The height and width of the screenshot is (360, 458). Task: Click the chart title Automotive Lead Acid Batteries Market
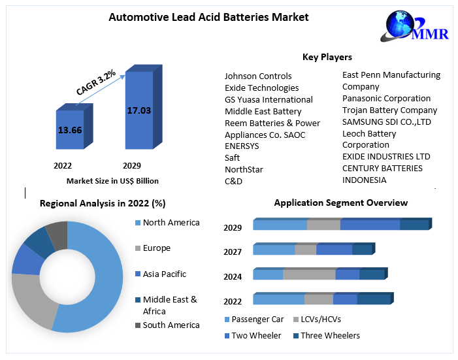208,17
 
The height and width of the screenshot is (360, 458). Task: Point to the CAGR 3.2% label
96,83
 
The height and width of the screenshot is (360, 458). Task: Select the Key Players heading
327,57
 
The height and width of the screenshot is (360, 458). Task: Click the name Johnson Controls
258,76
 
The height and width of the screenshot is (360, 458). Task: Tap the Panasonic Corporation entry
386,98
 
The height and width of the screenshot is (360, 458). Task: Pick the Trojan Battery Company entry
389,110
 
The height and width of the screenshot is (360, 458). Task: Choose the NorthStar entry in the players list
244,169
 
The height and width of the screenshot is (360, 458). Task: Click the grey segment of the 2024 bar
309,274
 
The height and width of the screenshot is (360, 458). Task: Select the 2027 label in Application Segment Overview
233,252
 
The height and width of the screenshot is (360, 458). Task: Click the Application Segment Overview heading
340,203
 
